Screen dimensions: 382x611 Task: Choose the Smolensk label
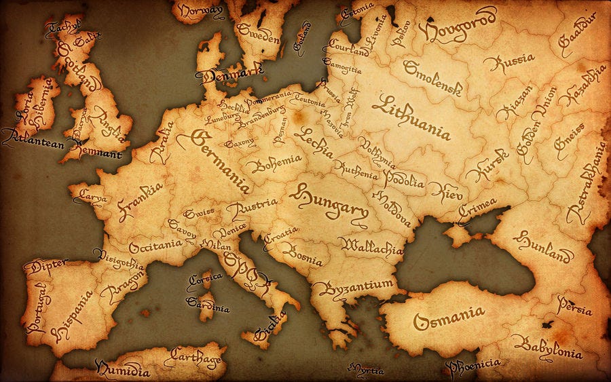pos(432,77)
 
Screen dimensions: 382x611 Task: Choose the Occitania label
pos(155,245)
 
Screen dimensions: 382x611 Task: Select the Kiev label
pos(445,191)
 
